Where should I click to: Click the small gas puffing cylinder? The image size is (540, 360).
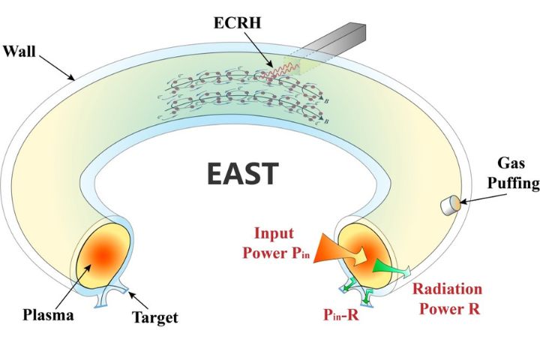pyautogui.click(x=451, y=205)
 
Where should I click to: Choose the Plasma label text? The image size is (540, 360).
pyautogui.click(x=48, y=314)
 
